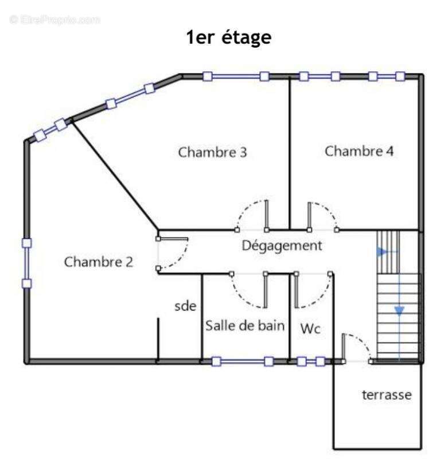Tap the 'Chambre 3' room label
click(213, 153)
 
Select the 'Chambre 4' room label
click(360, 151)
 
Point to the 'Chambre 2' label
click(98, 262)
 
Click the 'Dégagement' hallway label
click(282, 246)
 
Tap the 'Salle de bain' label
click(245, 326)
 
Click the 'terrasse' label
click(386, 395)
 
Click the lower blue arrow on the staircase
click(399, 310)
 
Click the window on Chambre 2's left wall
click(26, 263)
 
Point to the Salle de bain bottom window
click(242, 361)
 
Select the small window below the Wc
click(311, 361)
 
